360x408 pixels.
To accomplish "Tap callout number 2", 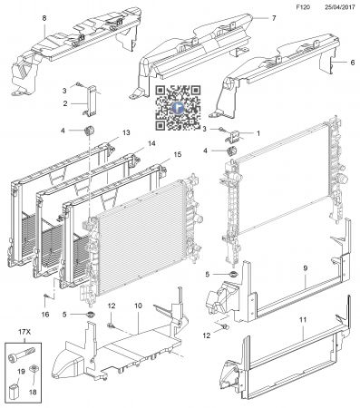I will [x=64, y=104].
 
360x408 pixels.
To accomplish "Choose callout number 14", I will [x=151, y=143].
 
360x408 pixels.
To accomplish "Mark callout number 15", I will [x=178, y=154].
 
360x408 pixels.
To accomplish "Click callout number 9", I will [x=306, y=268].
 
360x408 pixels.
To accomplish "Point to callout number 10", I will [x=140, y=307].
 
